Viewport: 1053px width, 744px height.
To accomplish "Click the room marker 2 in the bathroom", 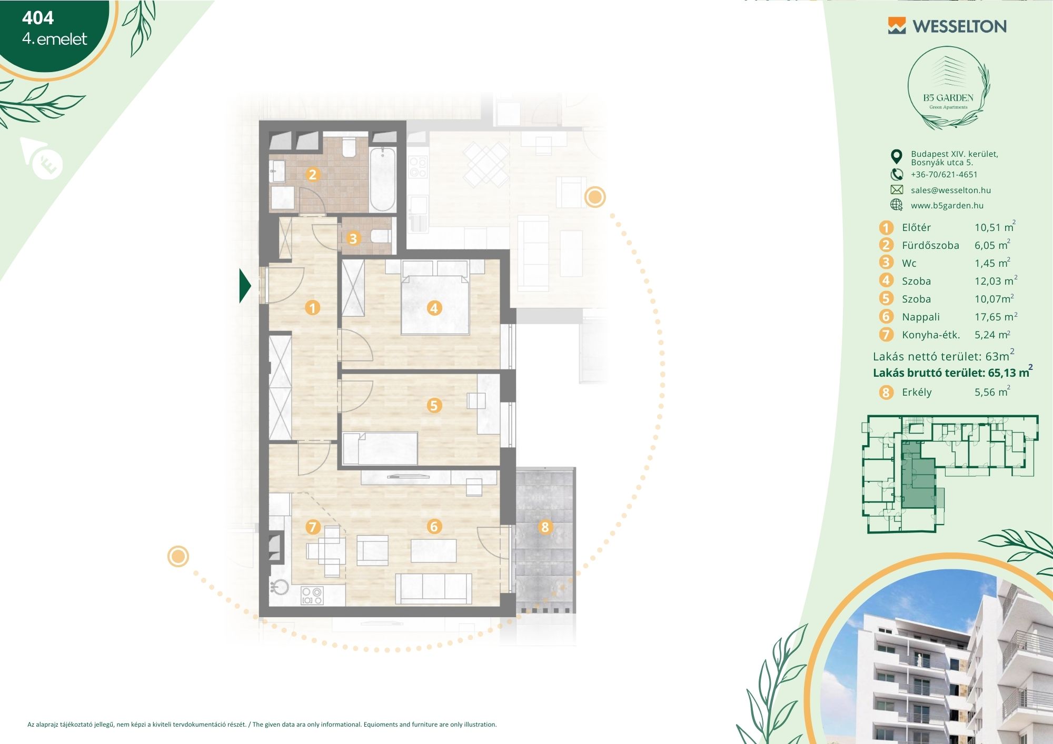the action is coord(312,174).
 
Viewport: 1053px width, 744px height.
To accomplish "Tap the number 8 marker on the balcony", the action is coord(545,527).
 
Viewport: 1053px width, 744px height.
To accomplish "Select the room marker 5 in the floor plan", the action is coord(434,405).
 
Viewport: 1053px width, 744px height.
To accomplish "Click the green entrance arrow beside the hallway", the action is coord(245,286).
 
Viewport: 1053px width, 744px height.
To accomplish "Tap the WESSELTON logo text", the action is coord(959,26).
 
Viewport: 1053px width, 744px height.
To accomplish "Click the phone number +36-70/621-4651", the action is coord(944,175).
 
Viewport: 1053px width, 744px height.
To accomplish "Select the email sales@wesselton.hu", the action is coord(951,190).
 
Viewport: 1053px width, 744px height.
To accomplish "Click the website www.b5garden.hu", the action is coord(947,206).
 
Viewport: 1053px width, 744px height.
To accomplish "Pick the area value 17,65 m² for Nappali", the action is coord(996,316).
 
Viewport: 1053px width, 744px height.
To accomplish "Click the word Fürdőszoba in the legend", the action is coord(930,245).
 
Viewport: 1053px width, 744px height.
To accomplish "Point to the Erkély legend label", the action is coord(917,392).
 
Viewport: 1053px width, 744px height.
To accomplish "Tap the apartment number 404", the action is coord(38,18).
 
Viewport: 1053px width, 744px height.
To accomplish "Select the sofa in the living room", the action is coord(433,588).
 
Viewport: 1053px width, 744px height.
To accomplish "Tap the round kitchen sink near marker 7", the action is coord(279,587).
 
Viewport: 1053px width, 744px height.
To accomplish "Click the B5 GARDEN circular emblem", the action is coord(948,88).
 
